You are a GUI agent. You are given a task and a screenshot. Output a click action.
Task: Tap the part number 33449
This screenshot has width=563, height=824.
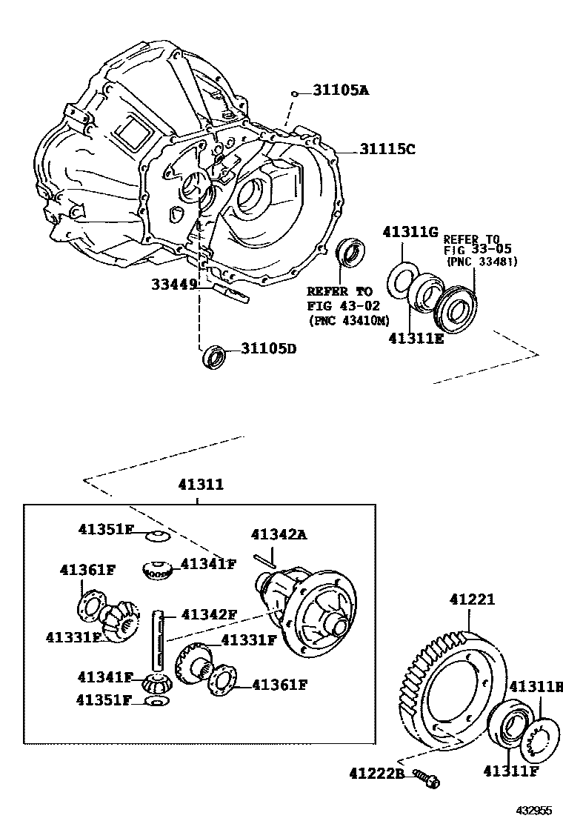(176, 283)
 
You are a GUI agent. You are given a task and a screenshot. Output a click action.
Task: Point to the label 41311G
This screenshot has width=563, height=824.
(410, 233)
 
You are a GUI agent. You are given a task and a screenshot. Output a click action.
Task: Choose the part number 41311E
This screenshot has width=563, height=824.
(416, 338)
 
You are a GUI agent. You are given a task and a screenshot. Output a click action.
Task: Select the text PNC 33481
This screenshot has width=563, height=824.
(482, 261)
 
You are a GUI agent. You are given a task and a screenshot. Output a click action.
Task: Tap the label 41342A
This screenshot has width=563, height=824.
(279, 534)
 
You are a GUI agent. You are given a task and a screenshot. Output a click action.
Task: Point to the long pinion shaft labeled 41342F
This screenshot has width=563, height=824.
(159, 637)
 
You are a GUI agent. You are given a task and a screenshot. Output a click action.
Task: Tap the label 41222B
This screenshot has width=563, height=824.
(376, 774)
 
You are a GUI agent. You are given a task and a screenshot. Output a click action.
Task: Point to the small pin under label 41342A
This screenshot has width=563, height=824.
(264, 561)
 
